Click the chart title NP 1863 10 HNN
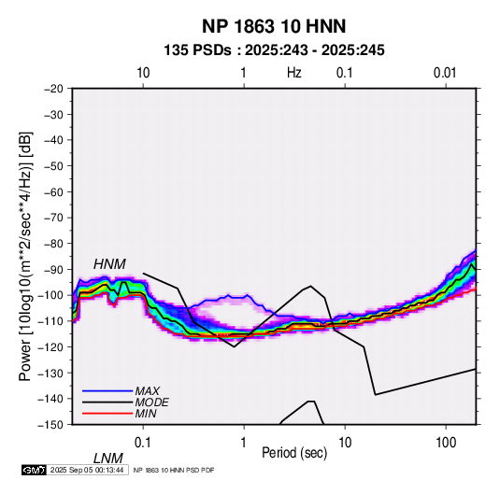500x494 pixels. [x=274, y=26]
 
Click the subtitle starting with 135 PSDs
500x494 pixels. [x=274, y=50]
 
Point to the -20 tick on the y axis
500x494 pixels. [x=54, y=89]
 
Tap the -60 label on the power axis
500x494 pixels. [x=54, y=191]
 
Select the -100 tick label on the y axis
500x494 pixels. [x=51, y=295]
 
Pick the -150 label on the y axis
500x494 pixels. [x=51, y=425]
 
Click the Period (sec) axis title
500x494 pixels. [x=294, y=453]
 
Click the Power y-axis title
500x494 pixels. [x=25, y=257]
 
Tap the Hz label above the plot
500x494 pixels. [x=294, y=73]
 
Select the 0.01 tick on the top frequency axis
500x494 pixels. [x=445, y=73]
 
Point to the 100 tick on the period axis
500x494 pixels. [x=446, y=443]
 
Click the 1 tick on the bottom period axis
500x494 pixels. [x=244, y=443]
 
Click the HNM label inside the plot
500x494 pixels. [x=109, y=264]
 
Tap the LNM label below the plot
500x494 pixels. [x=108, y=459]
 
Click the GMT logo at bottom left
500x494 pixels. [x=35, y=470]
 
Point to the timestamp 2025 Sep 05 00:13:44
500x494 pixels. [x=87, y=470]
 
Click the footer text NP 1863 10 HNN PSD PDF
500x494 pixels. [x=174, y=470]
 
